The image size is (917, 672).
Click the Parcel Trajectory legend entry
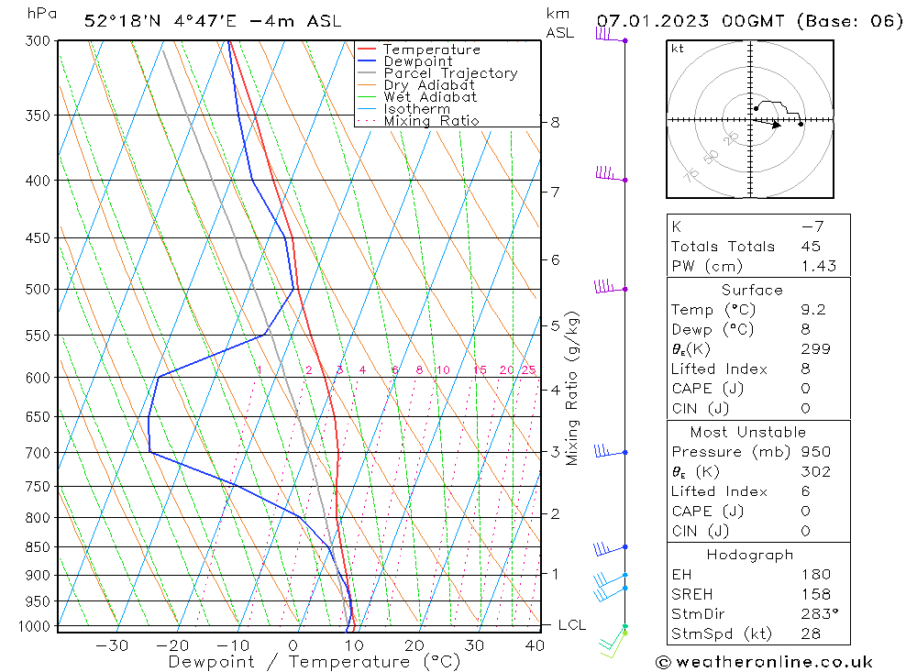pos(449,73)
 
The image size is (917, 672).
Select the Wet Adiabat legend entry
pos(429,97)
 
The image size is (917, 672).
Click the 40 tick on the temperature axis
pos(535,645)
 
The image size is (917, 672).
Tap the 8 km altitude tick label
pos(555,122)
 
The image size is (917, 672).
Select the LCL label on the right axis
pos(571,625)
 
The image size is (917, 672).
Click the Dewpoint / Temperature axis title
pos(314,662)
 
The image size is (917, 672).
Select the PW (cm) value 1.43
pos(815,267)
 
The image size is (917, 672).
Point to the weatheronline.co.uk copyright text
pos(764,662)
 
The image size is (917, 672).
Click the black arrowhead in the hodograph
pos(777,125)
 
